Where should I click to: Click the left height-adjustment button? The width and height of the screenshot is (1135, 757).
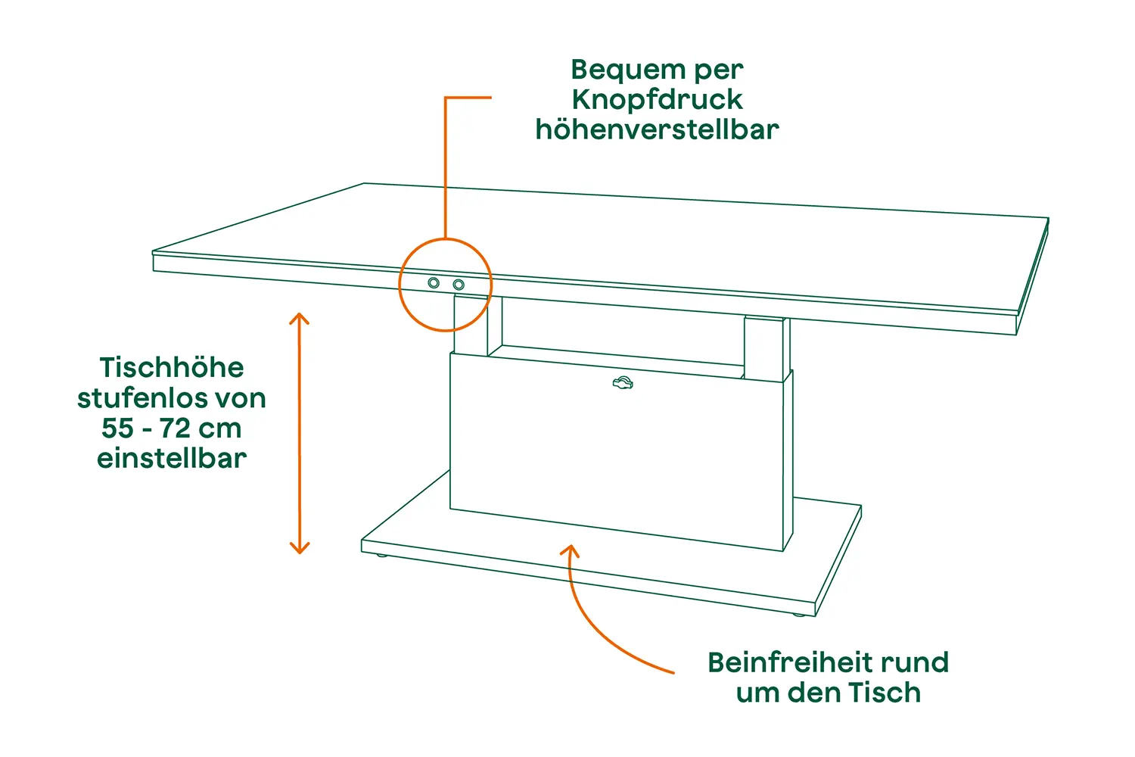pos(434,283)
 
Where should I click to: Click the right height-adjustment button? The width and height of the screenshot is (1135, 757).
pos(459,285)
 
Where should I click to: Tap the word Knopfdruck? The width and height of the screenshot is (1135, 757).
pos(658,99)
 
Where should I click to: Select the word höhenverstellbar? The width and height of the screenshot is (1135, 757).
pos(658,129)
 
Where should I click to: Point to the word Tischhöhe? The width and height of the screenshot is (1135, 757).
pos(172,367)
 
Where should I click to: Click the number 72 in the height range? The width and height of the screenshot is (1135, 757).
pos(175,428)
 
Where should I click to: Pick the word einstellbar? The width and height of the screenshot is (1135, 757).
pos(172,458)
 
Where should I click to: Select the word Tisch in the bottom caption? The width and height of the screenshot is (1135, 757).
pos(885,693)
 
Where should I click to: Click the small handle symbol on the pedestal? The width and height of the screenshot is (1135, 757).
pos(623,383)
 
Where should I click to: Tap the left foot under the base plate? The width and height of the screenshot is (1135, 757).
pos(382,556)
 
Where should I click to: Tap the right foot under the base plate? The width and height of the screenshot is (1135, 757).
pos(798,615)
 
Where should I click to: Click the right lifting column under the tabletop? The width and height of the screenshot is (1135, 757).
pos(766,349)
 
